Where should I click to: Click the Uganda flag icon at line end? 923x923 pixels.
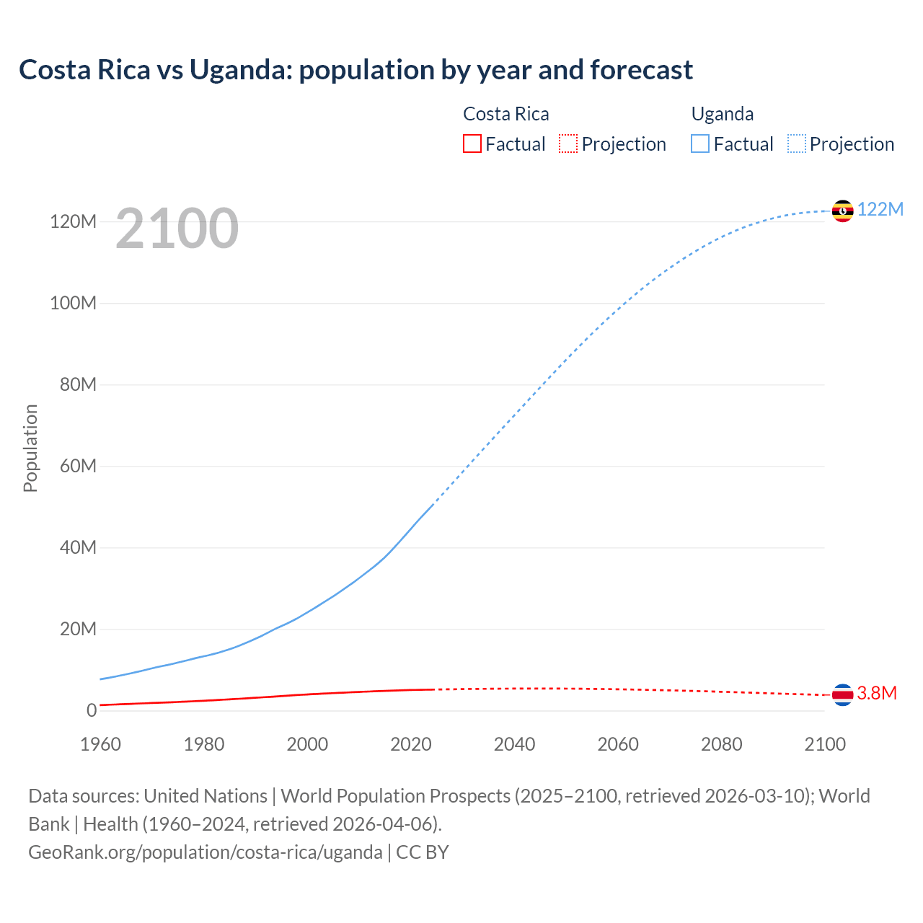tap(842, 211)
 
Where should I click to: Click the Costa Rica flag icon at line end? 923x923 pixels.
tap(842, 694)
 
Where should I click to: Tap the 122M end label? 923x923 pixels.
tap(880, 209)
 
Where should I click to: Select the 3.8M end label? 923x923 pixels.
tap(876, 693)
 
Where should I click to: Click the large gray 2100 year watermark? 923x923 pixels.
tap(177, 229)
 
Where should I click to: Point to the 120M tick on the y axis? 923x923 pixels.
tap(73, 221)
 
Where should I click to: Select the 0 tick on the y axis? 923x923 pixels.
tap(91, 710)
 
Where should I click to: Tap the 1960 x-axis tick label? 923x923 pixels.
tap(100, 744)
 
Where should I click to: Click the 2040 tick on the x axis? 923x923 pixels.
tap(514, 744)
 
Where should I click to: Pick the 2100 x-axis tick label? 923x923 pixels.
tap(824, 744)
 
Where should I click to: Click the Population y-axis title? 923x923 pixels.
tap(30, 448)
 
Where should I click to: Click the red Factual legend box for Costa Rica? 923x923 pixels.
tap(472, 144)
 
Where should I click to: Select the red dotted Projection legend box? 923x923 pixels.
tap(568, 144)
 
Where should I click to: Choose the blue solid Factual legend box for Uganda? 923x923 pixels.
tap(700, 144)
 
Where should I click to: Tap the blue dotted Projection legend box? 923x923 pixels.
tap(797, 144)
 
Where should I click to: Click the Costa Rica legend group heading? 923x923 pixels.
tap(505, 114)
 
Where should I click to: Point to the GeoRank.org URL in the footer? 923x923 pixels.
tap(206, 852)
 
